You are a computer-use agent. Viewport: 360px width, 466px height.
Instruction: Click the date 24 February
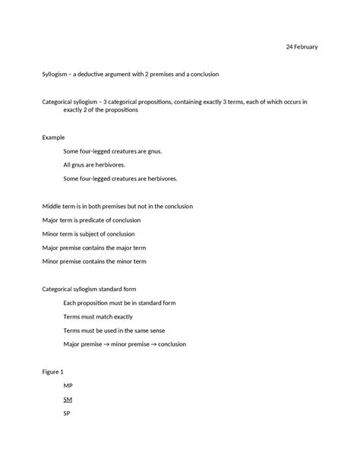[302, 46]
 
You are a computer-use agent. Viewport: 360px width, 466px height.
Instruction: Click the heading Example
[53, 138]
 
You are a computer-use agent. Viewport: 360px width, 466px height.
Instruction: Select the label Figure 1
[52, 372]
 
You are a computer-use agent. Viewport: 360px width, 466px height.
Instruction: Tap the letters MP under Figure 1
[68, 385]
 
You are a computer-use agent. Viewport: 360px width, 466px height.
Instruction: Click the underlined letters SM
[68, 399]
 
